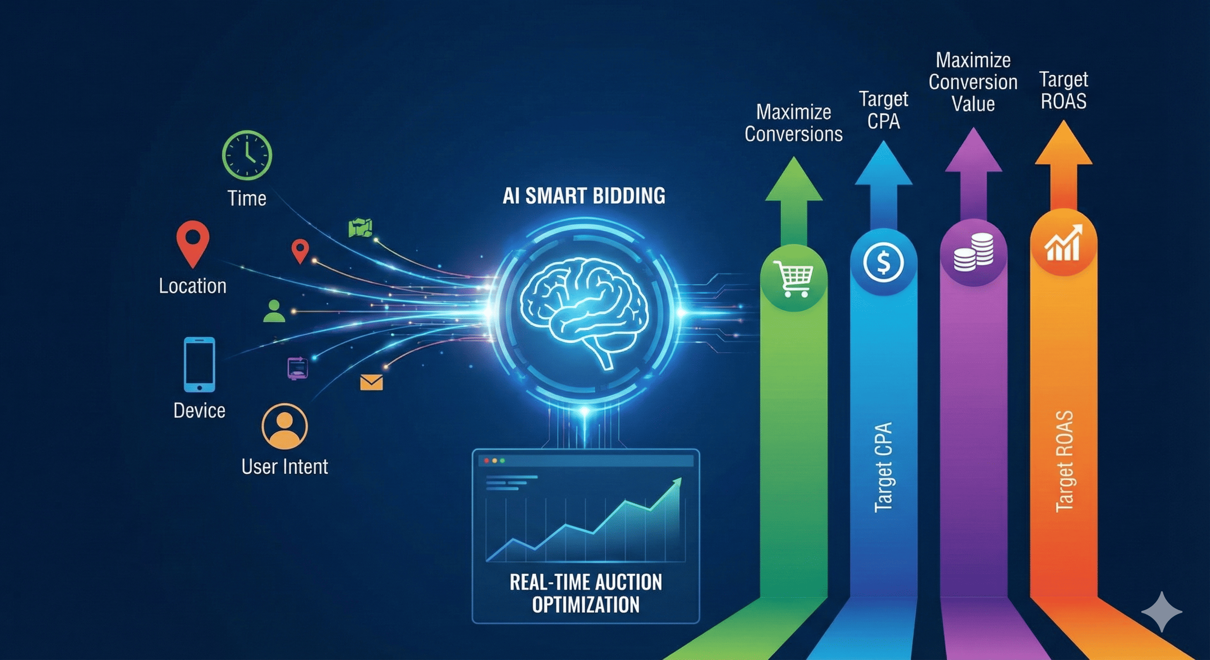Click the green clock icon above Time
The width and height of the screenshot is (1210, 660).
247,155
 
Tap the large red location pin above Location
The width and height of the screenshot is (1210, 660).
193,243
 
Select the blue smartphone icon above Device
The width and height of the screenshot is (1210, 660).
199,364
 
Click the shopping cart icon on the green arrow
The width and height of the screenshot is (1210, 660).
793,278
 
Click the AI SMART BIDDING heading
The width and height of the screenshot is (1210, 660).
584,196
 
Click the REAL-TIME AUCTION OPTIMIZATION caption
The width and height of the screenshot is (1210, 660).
586,593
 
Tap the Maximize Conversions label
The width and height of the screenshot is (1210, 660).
793,123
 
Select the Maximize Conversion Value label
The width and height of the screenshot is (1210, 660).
973,82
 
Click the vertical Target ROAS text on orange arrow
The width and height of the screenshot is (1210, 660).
1064,461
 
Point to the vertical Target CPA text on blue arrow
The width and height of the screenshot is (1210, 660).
883,467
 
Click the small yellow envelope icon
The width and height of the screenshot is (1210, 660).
371,382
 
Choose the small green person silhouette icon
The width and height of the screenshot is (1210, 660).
274,311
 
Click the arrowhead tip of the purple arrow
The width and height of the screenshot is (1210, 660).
973,134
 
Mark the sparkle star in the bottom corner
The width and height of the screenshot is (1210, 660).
1161,611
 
